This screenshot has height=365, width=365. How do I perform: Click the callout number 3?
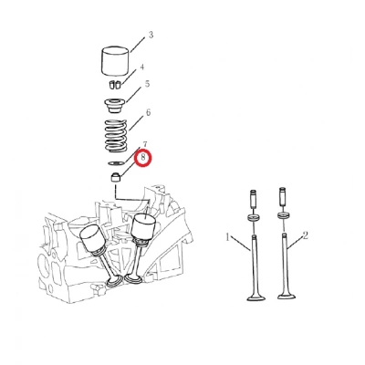tap(151, 35)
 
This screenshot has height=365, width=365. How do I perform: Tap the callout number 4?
tap(142, 67)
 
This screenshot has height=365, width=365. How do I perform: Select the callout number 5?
tap(147, 83)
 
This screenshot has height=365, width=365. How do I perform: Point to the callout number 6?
tap(148, 112)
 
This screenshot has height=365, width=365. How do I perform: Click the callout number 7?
tap(145, 144)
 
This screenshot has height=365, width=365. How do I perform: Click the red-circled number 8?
tap(143, 158)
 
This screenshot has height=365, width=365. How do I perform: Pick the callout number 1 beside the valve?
tap(227, 237)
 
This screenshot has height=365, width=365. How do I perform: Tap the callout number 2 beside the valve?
tap(305, 235)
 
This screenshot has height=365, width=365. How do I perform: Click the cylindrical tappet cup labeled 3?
tap(115, 62)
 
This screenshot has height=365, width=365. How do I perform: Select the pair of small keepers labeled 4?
tap(114, 85)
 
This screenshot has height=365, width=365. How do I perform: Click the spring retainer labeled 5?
tap(115, 105)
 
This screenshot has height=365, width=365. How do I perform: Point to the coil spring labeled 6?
tap(116, 135)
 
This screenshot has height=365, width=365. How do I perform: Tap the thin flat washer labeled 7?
tap(116, 163)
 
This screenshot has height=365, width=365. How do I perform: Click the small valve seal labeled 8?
tap(115, 177)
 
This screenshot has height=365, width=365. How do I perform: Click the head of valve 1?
tap(256, 297)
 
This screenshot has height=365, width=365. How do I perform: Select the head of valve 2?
tap(287, 295)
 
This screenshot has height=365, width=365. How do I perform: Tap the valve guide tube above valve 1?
tap(254, 199)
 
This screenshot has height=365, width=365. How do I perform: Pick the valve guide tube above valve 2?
tap(283, 197)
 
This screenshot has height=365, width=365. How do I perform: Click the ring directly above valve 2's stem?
tap(283, 216)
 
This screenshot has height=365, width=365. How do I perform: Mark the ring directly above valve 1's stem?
tap(255, 218)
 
